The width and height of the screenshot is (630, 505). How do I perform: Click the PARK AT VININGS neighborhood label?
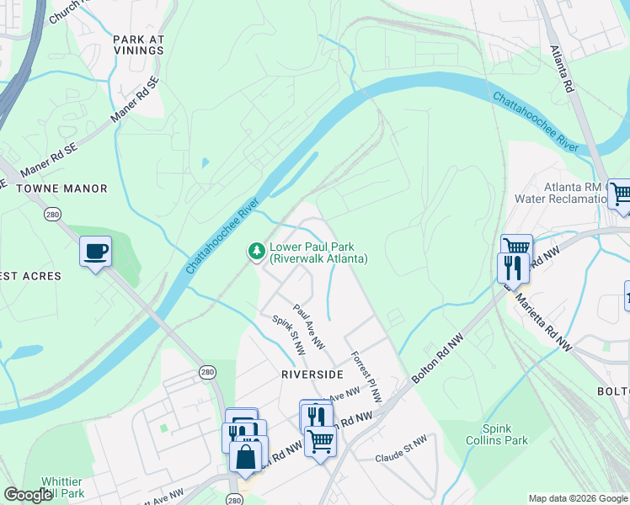[x=138, y=45]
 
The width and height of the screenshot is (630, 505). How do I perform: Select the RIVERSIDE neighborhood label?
[x=313, y=374]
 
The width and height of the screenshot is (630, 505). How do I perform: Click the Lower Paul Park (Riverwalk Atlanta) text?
[x=318, y=252]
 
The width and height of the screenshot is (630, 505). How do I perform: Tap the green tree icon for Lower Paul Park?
[x=255, y=251]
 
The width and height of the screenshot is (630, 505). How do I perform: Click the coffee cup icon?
[x=95, y=251]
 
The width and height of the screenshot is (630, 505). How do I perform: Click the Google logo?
[x=27, y=495]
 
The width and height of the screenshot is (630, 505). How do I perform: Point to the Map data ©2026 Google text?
[x=577, y=498]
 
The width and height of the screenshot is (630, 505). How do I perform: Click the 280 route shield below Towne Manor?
[x=52, y=215]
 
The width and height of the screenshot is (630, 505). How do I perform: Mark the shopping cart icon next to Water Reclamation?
[x=620, y=194]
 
